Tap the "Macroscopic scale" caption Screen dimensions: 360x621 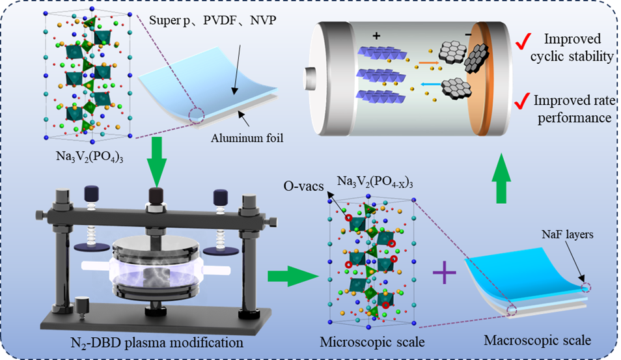pos(538,340)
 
